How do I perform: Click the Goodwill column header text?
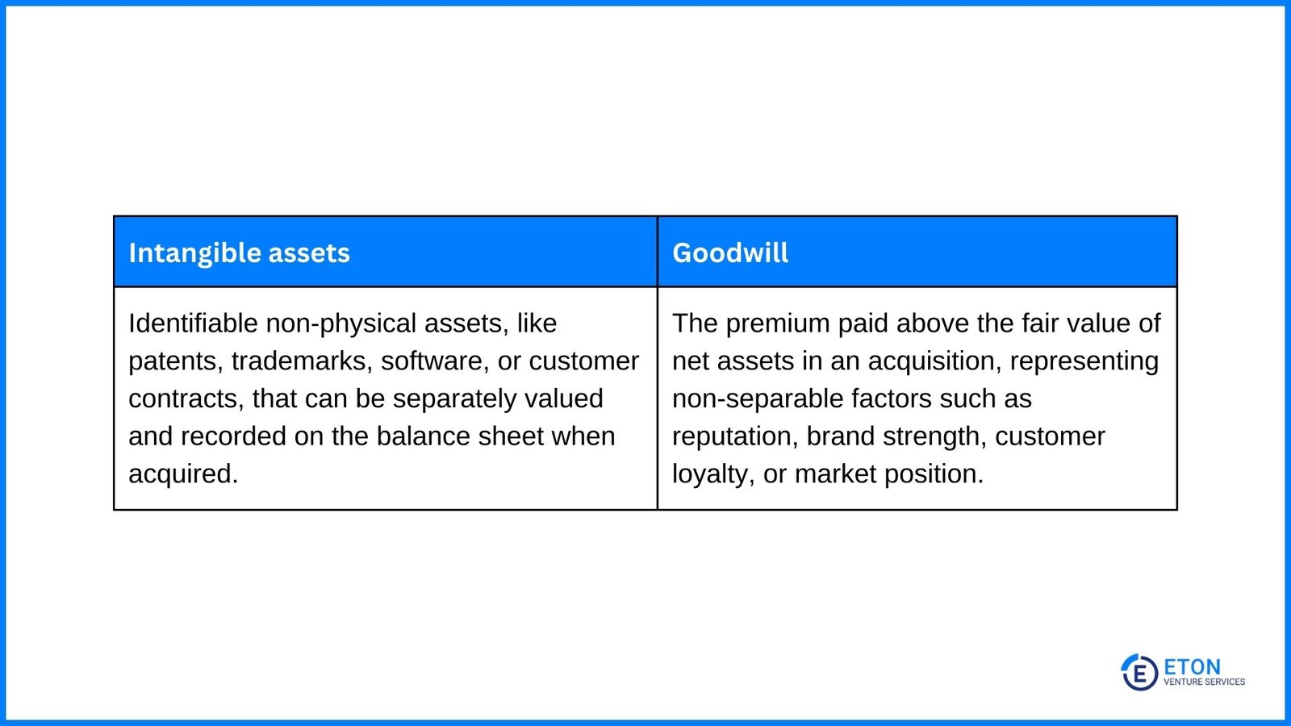pos(730,252)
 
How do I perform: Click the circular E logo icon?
pos(1139,672)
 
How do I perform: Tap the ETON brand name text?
pos(1192,667)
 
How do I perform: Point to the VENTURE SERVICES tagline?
pos(1204,682)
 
